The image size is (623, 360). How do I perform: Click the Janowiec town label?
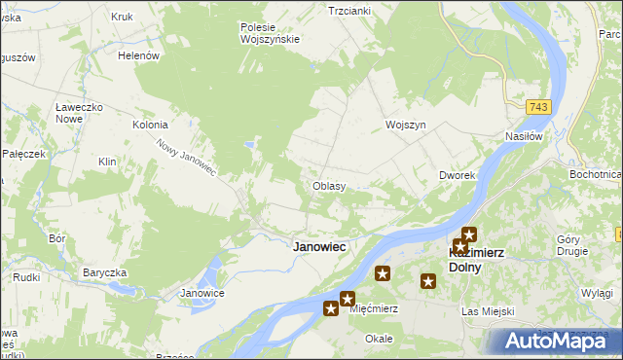pyautogui.click(x=319, y=247)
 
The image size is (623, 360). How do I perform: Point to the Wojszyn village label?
pyautogui.click(x=406, y=126)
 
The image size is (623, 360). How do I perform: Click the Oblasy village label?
pyautogui.click(x=329, y=186)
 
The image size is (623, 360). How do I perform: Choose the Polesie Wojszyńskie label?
pyautogui.click(x=270, y=33)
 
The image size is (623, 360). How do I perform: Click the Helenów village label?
pyautogui.click(x=138, y=56)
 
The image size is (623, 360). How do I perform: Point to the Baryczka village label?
pyautogui.click(x=106, y=272)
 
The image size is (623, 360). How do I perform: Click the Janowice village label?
pyautogui.click(x=203, y=293)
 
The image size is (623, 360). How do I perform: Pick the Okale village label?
pyautogui.click(x=378, y=339)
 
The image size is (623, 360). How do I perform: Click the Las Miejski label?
pyautogui.click(x=486, y=311)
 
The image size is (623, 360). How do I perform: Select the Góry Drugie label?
pyautogui.click(x=571, y=245)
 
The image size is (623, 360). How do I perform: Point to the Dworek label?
pyautogui.click(x=456, y=176)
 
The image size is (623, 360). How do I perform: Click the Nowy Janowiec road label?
pyautogui.click(x=185, y=157)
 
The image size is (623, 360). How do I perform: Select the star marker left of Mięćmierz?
pyautogui.click(x=331, y=308)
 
